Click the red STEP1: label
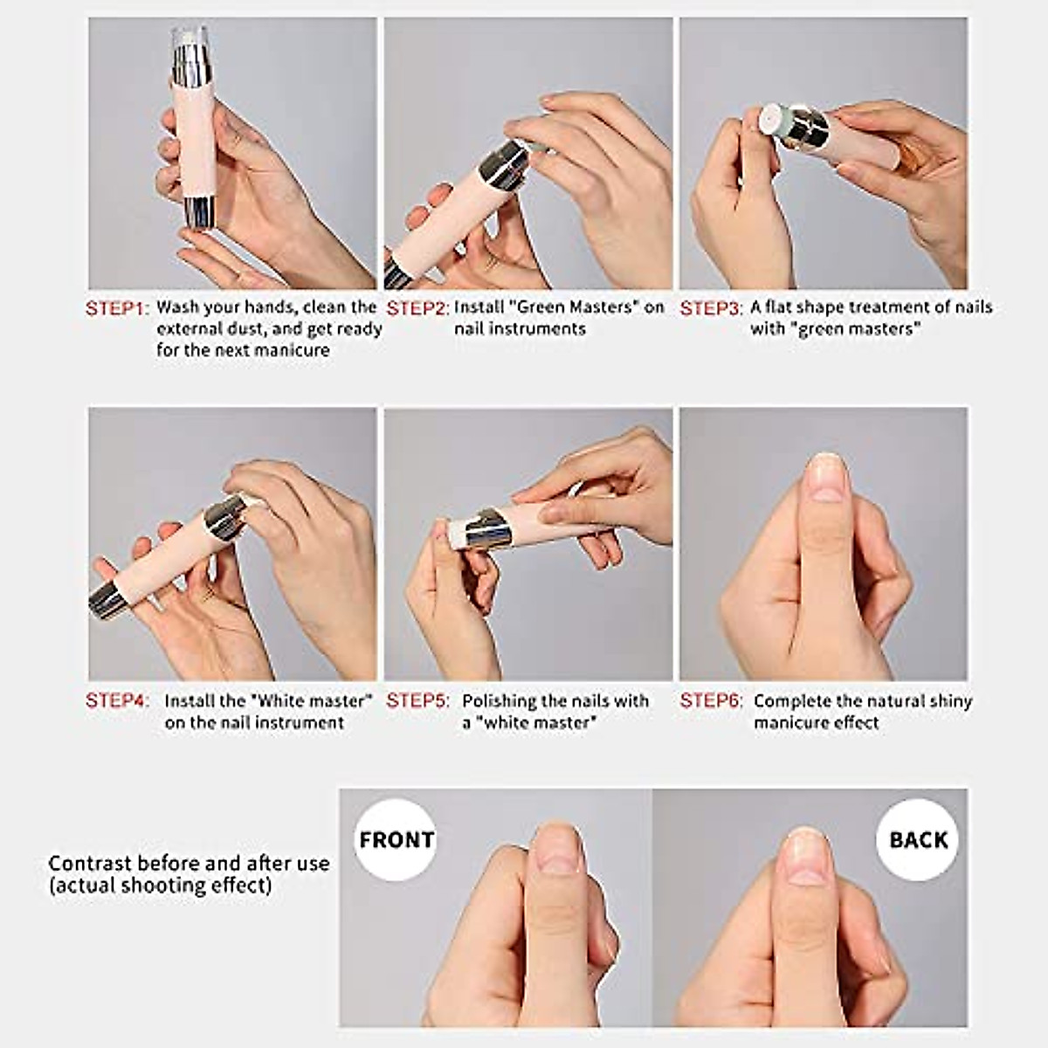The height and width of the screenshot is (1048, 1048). pyautogui.click(x=117, y=308)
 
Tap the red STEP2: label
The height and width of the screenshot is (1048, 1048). pyautogui.click(x=417, y=308)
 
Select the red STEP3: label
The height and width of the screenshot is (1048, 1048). pyautogui.click(x=711, y=308)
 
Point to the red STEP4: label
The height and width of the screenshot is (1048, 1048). pyautogui.click(x=117, y=701)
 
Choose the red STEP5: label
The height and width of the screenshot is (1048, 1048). pyautogui.click(x=417, y=701)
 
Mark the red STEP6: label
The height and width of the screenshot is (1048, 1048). pyautogui.click(x=711, y=701)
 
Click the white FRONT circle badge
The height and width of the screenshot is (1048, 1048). pyautogui.click(x=396, y=840)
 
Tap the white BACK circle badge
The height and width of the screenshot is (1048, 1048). pyautogui.click(x=918, y=840)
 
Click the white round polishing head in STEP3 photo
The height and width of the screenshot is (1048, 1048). pyautogui.click(x=774, y=119)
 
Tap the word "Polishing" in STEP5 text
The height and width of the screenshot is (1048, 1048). pyautogui.click(x=499, y=700)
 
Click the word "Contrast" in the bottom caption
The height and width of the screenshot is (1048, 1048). pyautogui.click(x=88, y=864)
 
